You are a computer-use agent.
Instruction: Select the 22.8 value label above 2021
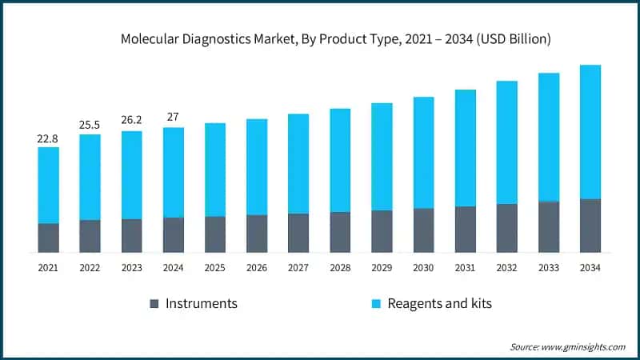click(x=48, y=138)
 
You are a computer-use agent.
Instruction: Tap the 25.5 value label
click(x=90, y=126)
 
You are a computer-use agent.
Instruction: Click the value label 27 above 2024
click(x=173, y=118)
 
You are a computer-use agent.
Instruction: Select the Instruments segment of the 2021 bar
click(x=48, y=238)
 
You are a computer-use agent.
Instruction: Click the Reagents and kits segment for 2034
click(x=590, y=132)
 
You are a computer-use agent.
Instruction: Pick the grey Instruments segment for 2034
click(x=590, y=226)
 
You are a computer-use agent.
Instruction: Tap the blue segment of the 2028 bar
click(x=340, y=160)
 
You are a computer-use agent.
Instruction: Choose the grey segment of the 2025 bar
click(x=215, y=234)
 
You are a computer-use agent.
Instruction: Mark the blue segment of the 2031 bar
click(x=465, y=148)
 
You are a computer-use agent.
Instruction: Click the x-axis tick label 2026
click(x=257, y=268)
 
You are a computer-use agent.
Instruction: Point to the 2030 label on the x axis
click(x=423, y=268)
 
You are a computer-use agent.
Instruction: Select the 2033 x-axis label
click(x=548, y=268)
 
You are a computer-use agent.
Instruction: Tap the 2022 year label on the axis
click(x=90, y=268)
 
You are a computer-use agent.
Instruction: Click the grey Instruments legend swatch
click(x=154, y=304)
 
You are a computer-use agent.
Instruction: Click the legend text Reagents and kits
click(x=439, y=304)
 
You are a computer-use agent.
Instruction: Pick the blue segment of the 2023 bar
click(x=131, y=174)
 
